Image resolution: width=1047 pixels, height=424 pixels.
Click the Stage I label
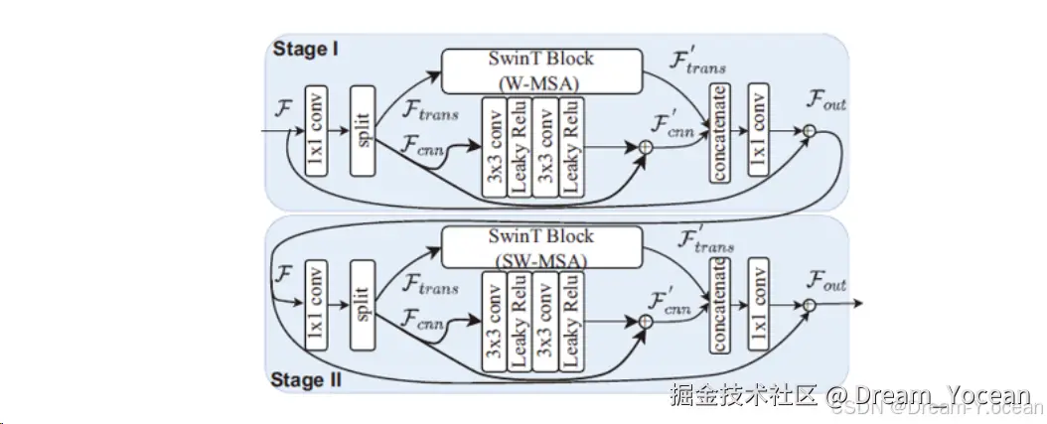click(306, 50)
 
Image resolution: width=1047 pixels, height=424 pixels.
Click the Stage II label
click(310, 380)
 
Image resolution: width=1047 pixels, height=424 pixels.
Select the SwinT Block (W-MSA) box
click(540, 68)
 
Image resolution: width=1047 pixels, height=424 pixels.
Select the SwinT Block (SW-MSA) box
click(540, 247)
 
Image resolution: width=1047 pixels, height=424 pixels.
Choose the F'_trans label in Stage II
click(706, 239)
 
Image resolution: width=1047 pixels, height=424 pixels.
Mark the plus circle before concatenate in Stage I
click(646, 147)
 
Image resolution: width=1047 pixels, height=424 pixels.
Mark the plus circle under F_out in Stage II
click(810, 305)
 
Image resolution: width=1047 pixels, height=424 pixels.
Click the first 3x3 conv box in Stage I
click(494, 145)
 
